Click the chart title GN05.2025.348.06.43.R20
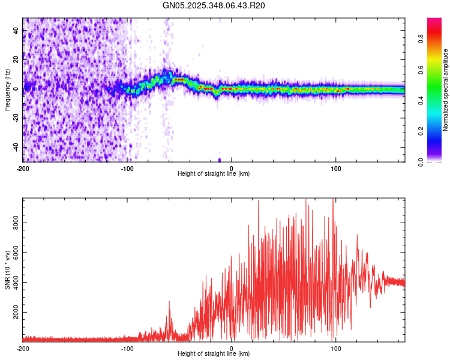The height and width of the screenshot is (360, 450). point(214,5)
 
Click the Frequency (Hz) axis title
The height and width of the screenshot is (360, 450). point(7,90)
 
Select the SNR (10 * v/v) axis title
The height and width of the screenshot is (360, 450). point(7,270)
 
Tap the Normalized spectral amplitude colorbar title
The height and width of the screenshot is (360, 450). point(446,90)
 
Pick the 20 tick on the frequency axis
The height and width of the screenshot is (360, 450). point(16,60)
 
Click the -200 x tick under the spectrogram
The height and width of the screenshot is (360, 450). point(23,168)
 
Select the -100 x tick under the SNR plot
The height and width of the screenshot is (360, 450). point(127,349)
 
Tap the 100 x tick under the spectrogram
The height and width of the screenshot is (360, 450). point(336,168)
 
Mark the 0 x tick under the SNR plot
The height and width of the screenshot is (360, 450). point(232,349)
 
